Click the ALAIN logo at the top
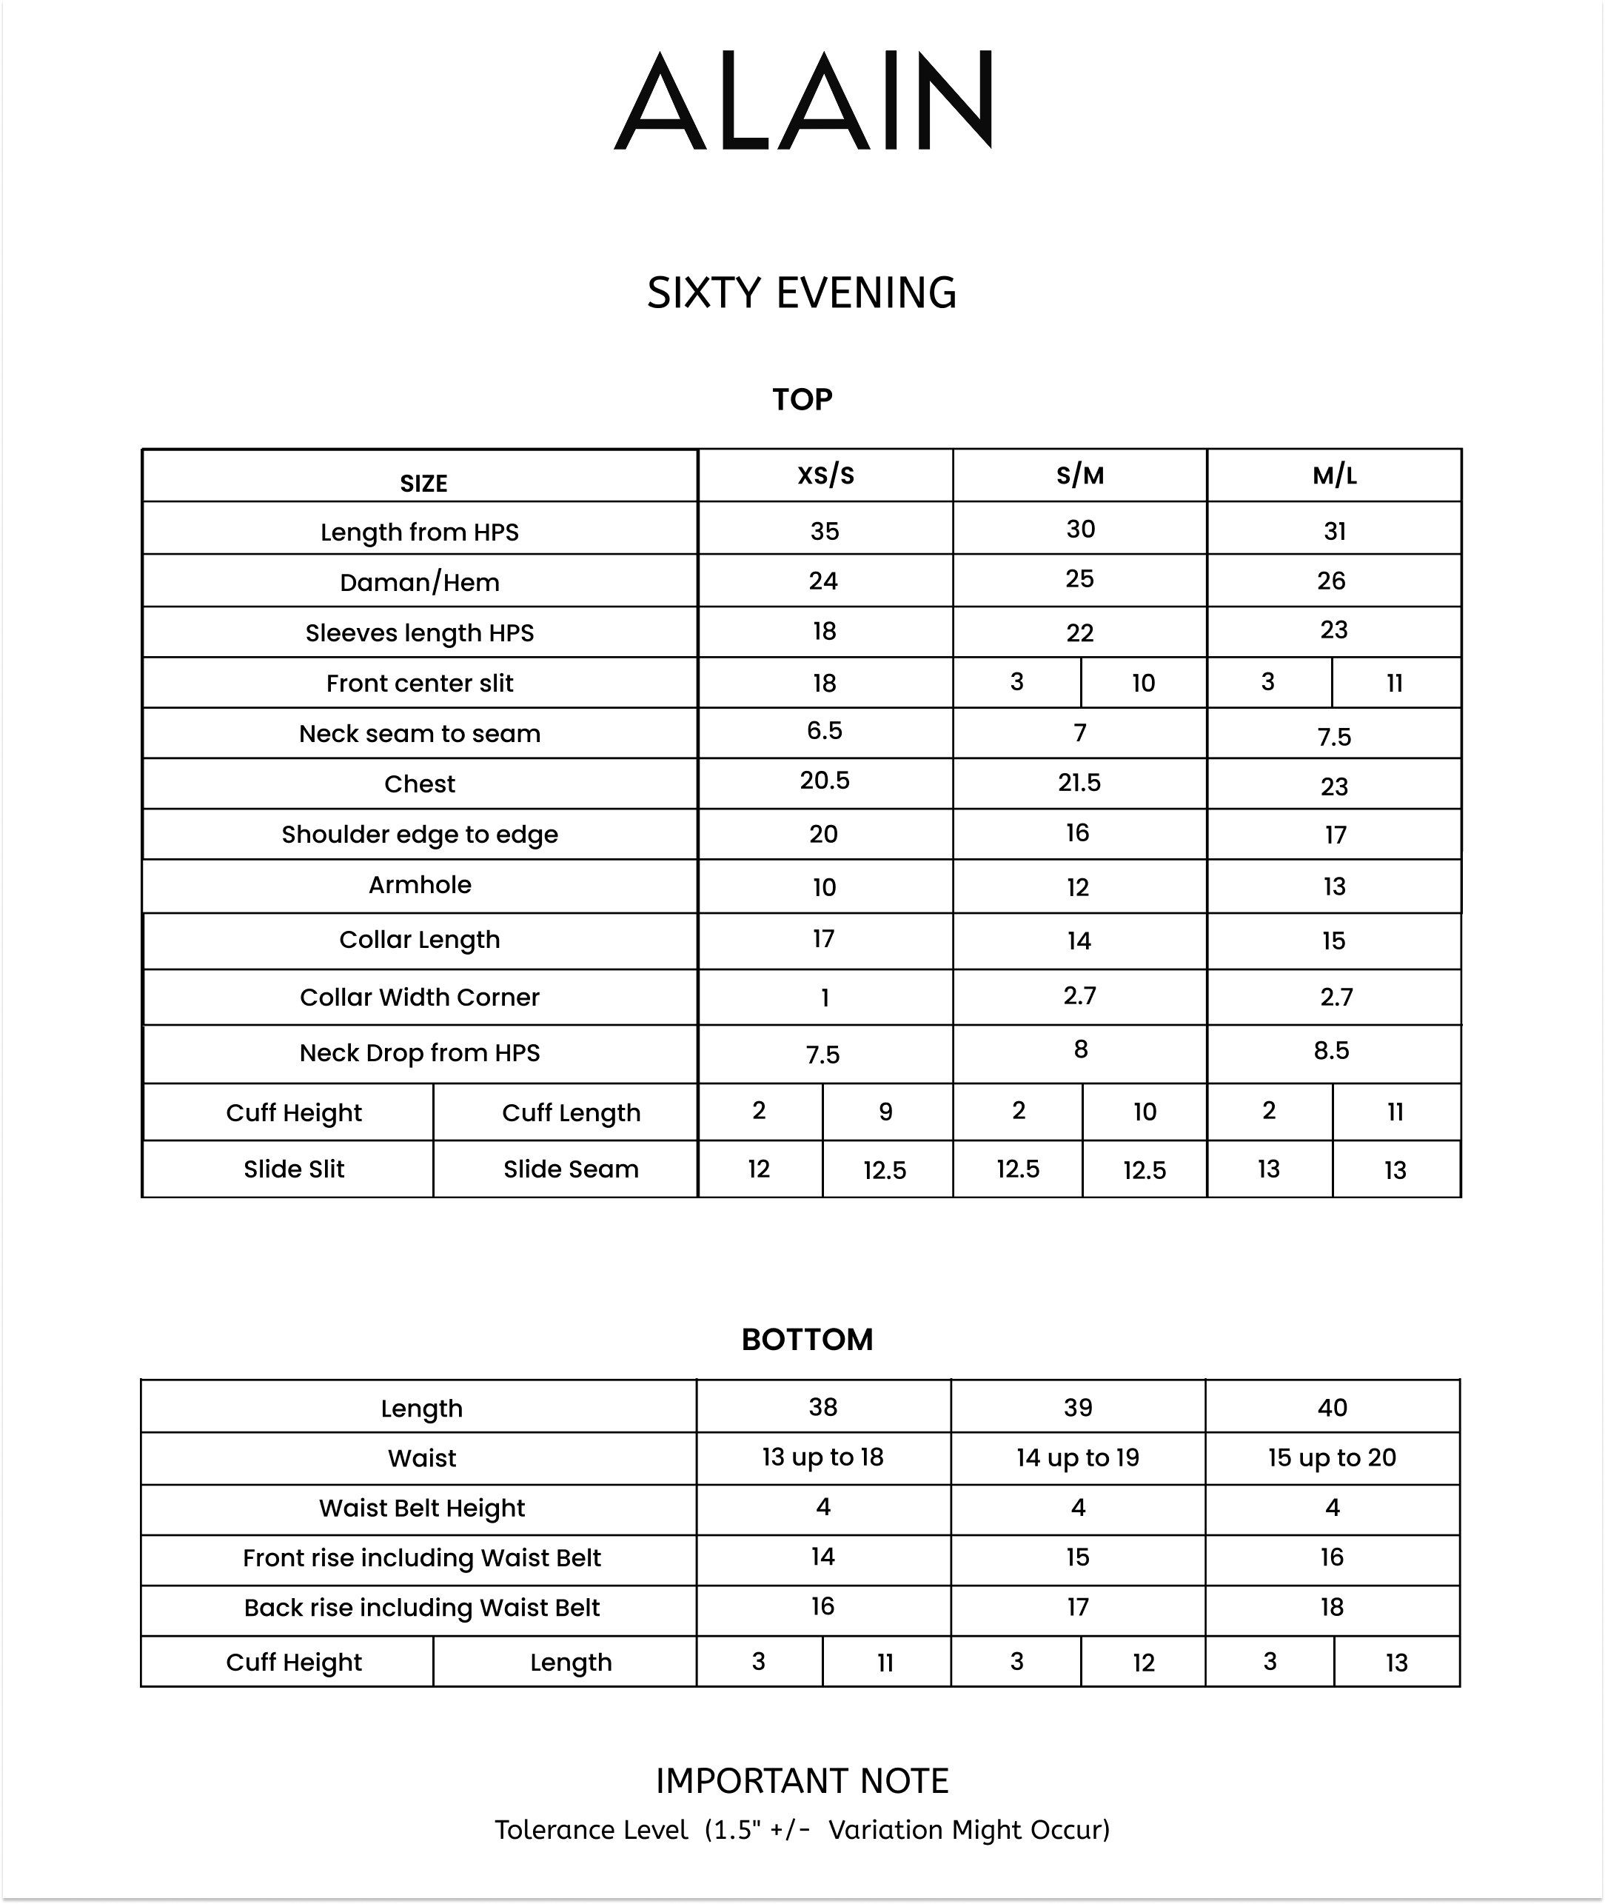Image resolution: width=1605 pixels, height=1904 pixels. pos(802,100)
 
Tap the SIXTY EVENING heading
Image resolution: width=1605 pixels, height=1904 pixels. pos(802,293)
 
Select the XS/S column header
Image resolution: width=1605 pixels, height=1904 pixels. pos(825,475)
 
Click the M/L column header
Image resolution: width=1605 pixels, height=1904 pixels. pos(1334,475)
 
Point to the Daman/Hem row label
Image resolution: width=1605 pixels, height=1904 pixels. pos(420,583)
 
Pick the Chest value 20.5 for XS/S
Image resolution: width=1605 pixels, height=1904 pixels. pos(824,781)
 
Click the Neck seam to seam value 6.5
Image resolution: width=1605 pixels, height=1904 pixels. pos(824,731)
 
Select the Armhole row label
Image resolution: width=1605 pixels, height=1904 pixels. pos(420,885)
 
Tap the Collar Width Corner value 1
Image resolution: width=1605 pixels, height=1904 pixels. pos(824,998)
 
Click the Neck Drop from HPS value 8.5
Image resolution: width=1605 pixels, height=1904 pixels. pos(1331,1051)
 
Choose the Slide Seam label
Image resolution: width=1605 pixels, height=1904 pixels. pos(571,1169)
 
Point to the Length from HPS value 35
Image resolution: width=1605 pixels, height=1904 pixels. pos(824,532)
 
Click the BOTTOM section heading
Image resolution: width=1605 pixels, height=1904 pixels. pos(807,1340)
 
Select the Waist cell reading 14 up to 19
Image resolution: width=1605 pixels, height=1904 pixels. pos(1077,1458)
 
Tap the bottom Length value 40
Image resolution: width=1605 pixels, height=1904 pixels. pos(1332,1408)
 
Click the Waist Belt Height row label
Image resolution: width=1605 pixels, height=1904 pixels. pos(421,1508)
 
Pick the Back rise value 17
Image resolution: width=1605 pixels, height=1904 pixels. pos(1077,1607)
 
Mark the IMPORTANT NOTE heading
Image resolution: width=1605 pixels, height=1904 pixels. pos(802,1781)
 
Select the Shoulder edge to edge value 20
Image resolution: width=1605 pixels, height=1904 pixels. pos(823,835)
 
